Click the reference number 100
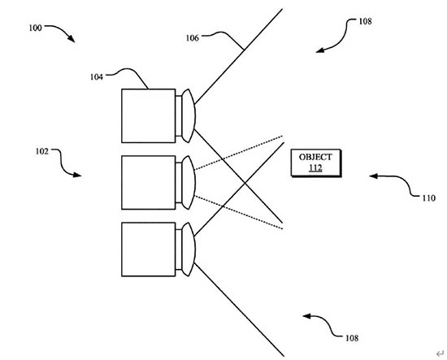coord(35,28)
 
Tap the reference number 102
coord(42,151)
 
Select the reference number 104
coord(97,77)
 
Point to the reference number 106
coord(193,38)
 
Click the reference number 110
coord(429,198)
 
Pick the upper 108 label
coord(365,21)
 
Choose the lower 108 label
coord(352,338)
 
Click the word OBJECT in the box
coord(315,157)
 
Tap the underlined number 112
coord(315,167)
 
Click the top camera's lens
coord(189,115)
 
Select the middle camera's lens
coord(189,182)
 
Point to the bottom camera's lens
coord(189,249)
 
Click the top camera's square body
coord(149,115)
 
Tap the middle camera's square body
coord(149,182)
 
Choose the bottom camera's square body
coord(149,249)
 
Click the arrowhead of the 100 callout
coord(72,39)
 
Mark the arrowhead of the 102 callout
coord(77,175)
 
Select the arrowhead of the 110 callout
coord(373,176)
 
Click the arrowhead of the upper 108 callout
coord(320,50)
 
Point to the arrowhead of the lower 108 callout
coord(306,316)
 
